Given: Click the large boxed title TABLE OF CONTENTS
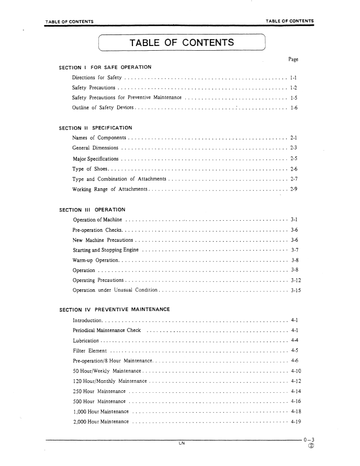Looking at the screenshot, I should click(x=182, y=42).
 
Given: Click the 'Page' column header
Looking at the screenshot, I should click(x=294, y=59).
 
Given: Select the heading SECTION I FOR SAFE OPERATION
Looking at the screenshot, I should click(x=105, y=67).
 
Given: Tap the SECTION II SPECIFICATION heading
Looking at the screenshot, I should click(x=96, y=128).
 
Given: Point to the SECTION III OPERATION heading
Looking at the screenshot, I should click(x=92, y=210).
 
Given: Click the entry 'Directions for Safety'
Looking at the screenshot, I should click(x=96, y=78).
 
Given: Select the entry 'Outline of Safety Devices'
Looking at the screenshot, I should click(x=103, y=108).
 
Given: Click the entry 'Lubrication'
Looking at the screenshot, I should click(x=86, y=340).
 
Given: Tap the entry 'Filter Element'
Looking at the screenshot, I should click(x=90, y=350).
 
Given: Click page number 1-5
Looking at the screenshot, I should click(x=294, y=98).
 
